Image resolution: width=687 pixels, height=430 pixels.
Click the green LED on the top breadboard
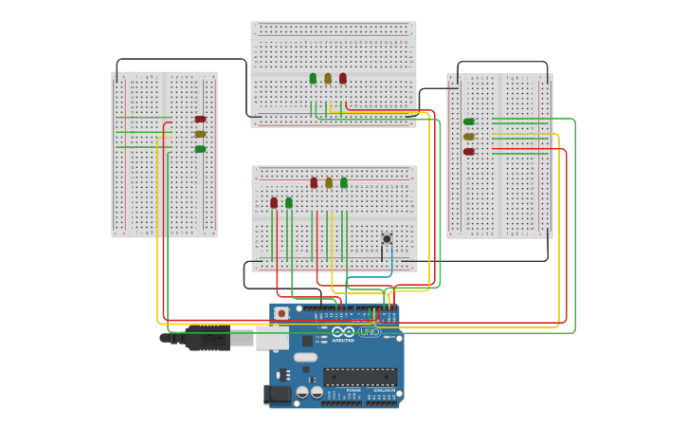point(313,79)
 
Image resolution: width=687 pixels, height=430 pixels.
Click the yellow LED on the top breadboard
point(328,79)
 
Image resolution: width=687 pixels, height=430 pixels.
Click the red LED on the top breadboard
point(343,79)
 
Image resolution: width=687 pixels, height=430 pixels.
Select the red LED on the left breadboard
point(200,119)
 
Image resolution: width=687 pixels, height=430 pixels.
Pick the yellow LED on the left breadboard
point(200,134)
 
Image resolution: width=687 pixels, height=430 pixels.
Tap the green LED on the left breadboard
point(200,149)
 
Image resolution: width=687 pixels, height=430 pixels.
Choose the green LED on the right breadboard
point(469,122)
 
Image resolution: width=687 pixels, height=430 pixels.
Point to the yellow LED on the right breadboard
point(469,137)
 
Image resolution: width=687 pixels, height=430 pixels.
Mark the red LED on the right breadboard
point(469,151)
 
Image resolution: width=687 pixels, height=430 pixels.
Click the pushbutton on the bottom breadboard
point(387,238)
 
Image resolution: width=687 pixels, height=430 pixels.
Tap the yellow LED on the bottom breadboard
point(329,182)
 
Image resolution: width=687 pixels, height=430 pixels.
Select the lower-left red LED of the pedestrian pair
point(274,202)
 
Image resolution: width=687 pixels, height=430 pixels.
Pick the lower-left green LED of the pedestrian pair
point(289,202)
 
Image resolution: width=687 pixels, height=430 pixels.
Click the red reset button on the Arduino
point(281,313)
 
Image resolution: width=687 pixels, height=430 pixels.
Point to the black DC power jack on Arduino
point(279,393)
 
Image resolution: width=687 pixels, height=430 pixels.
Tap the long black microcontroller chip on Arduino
point(360,377)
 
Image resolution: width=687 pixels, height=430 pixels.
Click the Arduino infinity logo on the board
point(344,331)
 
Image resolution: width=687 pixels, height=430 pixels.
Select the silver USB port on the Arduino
point(272,337)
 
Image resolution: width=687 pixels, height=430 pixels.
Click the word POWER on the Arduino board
point(353,390)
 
